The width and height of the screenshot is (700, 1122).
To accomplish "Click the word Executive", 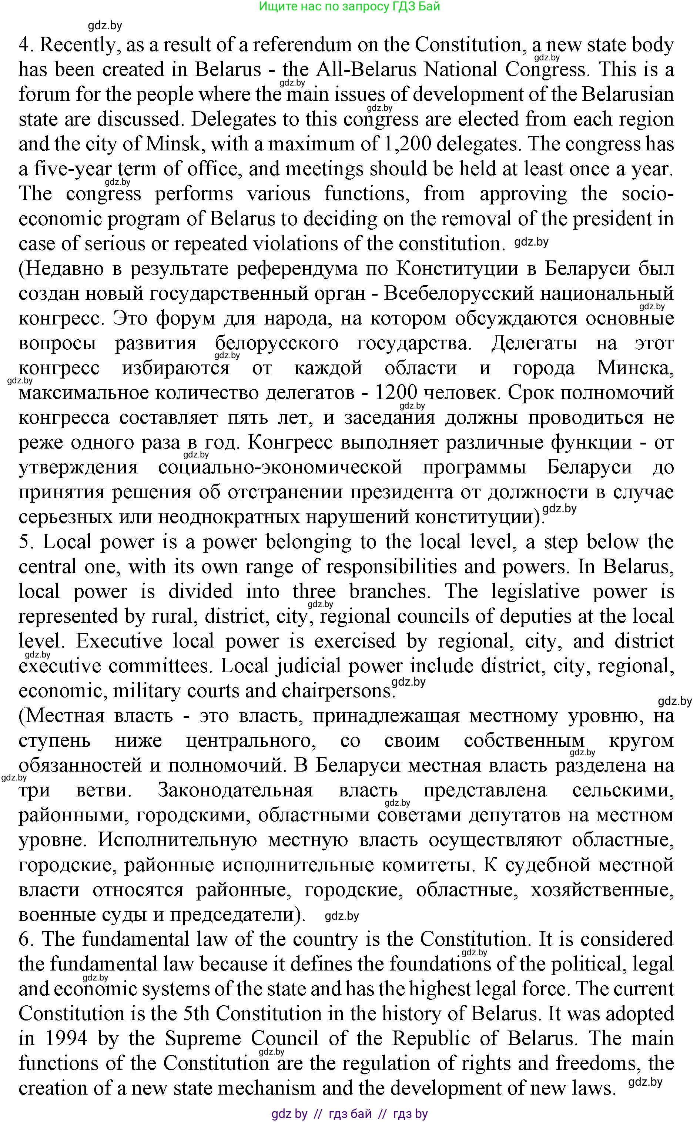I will (119, 641).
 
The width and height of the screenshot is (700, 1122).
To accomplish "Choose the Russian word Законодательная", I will (235, 790).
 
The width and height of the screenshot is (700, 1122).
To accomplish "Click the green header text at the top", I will (349, 7).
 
